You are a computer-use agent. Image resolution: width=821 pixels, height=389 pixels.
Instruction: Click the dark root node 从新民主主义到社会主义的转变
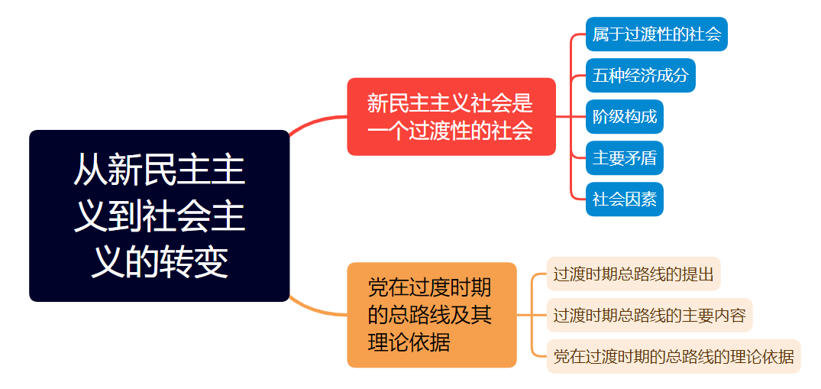[x=159, y=216]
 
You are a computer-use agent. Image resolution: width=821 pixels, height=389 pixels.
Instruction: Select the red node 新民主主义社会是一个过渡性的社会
[x=451, y=116]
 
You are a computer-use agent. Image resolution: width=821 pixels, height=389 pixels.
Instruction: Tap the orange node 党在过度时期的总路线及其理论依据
[x=432, y=315]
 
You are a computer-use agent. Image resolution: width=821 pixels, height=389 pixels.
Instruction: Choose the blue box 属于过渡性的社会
[x=656, y=34]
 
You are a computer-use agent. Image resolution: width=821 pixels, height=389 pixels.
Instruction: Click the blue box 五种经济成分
[x=640, y=76]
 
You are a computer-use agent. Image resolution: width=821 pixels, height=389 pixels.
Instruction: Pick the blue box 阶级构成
[x=624, y=117]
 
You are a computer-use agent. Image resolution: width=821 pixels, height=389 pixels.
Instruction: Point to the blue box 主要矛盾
[x=624, y=158]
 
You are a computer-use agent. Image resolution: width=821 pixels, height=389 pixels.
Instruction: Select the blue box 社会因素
[x=624, y=199]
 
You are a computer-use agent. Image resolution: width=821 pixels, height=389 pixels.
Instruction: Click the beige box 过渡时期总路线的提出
[x=633, y=274]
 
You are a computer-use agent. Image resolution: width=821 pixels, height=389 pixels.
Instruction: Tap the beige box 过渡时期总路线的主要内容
[x=649, y=315]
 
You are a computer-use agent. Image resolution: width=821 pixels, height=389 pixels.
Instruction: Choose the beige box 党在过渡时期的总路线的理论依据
[x=673, y=356]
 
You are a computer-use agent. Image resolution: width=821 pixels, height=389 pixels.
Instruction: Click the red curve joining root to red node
[x=317, y=122]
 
